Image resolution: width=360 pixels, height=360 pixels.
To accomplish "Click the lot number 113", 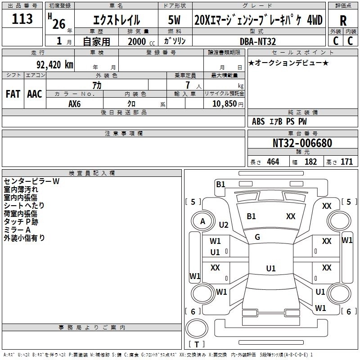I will [22, 19].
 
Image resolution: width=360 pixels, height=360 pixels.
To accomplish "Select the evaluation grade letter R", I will [343, 21].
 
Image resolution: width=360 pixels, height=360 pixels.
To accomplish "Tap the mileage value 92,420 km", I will [54, 65].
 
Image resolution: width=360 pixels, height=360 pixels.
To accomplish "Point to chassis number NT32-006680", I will [302, 143].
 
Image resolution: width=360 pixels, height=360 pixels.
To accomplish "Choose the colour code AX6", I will [75, 103].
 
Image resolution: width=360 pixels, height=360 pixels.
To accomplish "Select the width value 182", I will [310, 162].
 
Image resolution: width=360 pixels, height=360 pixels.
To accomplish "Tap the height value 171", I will [346, 162].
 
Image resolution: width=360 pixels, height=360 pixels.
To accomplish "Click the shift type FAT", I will [13, 94].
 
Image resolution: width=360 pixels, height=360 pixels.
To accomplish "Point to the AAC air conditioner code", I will [35, 94].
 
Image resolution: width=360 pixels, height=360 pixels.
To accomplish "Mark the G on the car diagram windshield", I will [257, 237].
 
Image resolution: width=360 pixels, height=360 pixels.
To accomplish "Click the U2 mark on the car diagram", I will [224, 225].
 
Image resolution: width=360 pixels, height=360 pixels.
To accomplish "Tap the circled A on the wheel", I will [202, 221].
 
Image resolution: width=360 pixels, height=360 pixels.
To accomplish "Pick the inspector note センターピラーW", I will [31, 181].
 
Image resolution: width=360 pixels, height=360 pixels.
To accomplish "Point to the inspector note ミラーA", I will [17, 230].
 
